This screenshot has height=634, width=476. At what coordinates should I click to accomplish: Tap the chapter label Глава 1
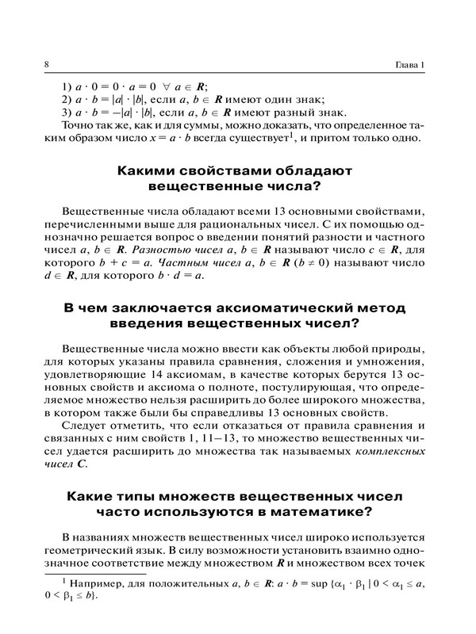(x=411, y=64)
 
